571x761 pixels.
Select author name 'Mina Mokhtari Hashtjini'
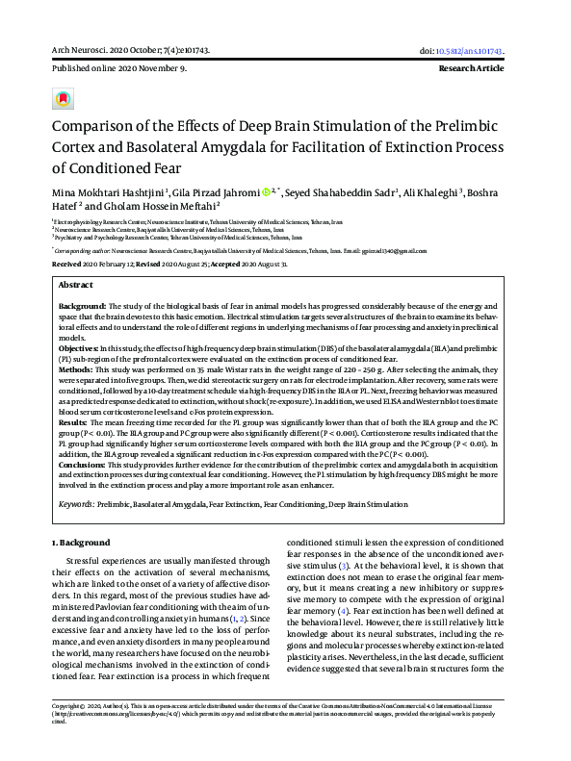click(x=108, y=192)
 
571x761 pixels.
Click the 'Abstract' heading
click(x=76, y=286)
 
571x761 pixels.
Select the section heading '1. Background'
click(x=82, y=543)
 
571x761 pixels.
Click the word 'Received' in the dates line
click(x=66, y=262)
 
